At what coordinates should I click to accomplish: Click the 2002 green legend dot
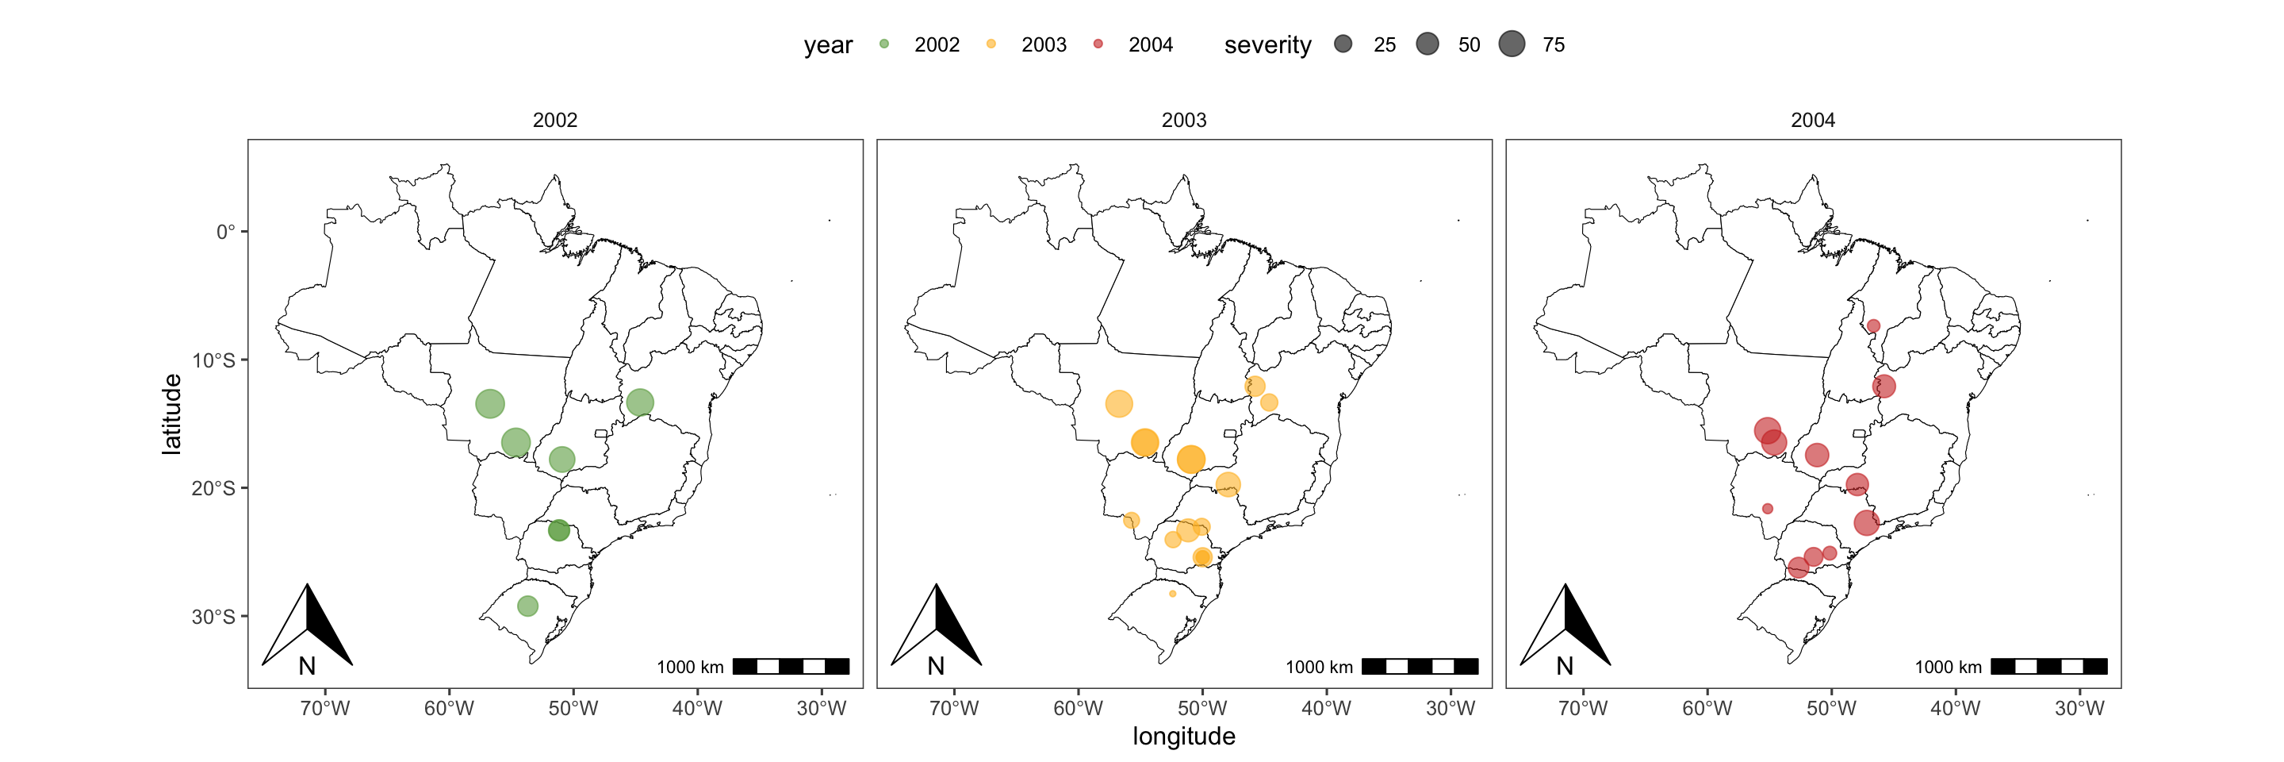point(884,44)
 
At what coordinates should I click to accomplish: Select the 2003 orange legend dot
point(991,44)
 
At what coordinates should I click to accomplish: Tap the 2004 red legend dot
point(1098,44)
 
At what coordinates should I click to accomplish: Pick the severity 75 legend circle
point(1512,44)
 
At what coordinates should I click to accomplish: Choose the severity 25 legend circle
point(1343,44)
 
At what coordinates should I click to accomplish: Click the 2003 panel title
point(1184,120)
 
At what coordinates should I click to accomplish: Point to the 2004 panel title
point(1812,120)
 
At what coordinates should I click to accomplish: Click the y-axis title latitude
point(171,414)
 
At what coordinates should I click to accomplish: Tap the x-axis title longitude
point(1184,737)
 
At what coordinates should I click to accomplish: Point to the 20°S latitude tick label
point(213,489)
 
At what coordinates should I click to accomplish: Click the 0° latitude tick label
point(226,233)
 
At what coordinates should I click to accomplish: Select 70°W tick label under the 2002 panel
point(324,709)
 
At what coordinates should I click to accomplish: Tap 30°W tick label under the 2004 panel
point(2079,709)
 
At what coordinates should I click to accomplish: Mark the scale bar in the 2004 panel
point(2048,667)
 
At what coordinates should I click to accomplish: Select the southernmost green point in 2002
point(527,606)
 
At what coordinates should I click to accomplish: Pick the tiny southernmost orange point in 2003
point(1172,594)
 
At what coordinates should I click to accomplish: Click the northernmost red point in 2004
point(1872,326)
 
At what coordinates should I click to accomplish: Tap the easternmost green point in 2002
point(639,402)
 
